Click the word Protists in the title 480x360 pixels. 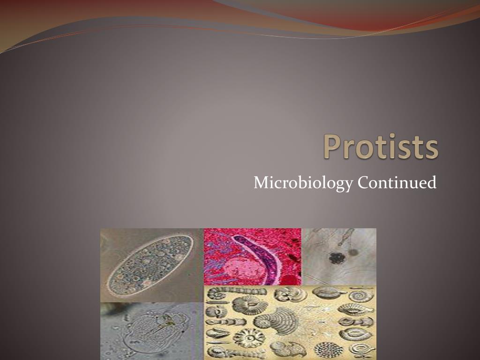coord(381,147)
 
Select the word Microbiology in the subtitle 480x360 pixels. coord(303,182)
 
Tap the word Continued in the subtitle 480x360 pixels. coord(397,182)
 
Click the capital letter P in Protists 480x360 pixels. coord(332,147)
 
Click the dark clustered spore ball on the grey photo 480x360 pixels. coord(336,257)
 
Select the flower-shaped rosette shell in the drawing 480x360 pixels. coord(246,337)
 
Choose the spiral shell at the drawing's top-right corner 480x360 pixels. coord(362,295)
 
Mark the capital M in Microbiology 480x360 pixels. coord(261,182)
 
